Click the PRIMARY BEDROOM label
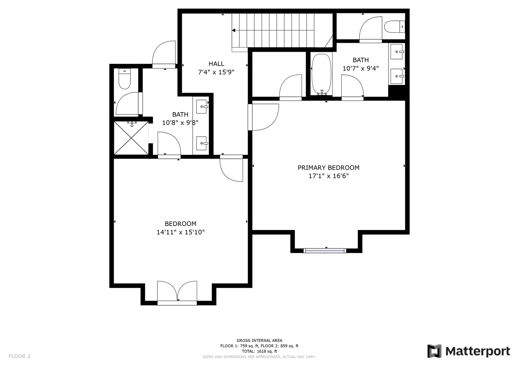pos(328,168)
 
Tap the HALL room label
pos(216,64)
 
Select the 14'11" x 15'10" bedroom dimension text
pos(180,232)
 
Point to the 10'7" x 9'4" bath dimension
pos(361,68)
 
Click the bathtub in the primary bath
pos(322,74)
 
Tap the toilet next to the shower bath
pos(125,79)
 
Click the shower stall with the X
pos(132,138)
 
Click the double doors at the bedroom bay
pos(177,293)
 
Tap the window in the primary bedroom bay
pos(325,250)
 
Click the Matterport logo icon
pos(434,351)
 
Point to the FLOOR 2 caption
pos(19,356)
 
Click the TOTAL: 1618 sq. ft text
pos(259,351)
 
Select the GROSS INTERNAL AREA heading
pos(259,340)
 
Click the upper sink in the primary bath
pos(397,51)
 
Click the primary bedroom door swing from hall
pos(263,117)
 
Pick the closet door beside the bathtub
pos(291,87)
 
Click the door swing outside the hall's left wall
pos(164,54)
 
